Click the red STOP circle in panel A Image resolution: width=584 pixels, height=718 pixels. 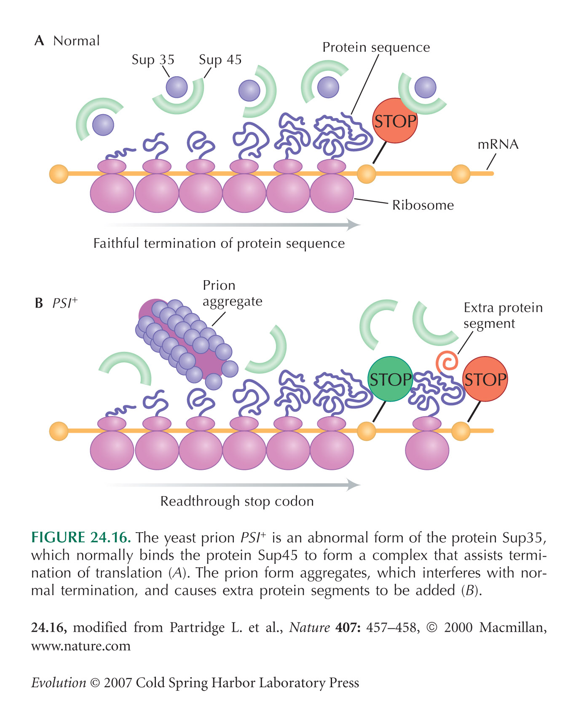point(395,121)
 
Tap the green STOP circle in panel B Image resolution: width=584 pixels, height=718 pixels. point(390,379)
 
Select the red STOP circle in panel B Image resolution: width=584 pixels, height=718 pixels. point(485,379)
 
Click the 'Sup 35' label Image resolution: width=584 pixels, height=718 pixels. point(153,60)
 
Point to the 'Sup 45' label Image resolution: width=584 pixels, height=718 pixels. point(220,60)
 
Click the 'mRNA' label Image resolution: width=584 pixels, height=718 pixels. point(498,145)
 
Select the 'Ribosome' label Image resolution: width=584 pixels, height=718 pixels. point(423,205)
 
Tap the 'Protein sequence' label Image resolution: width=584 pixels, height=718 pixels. point(376,48)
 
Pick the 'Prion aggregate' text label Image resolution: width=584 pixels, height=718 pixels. point(232,293)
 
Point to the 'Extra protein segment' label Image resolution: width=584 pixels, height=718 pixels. point(503,315)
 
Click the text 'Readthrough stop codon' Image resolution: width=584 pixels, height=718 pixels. point(237,501)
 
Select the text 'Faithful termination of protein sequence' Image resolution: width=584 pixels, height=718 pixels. point(219,244)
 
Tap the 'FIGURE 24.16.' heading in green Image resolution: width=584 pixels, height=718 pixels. point(81,538)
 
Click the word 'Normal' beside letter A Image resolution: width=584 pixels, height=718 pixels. point(77,41)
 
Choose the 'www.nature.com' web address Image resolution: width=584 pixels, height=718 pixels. point(81,646)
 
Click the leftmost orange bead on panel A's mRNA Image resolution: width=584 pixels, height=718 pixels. point(59,174)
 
